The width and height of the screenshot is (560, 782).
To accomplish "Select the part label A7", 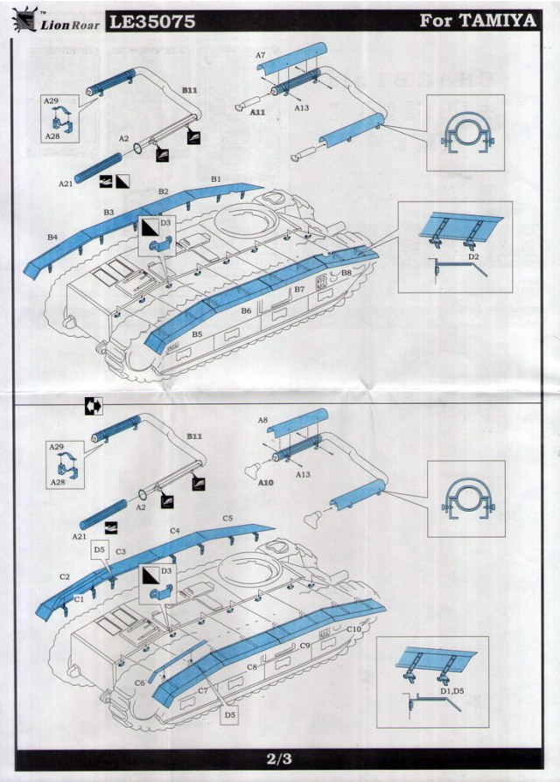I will coord(260,55).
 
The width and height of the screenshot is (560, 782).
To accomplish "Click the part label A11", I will coord(258,113).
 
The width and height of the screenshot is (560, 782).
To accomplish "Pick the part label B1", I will coord(216,178).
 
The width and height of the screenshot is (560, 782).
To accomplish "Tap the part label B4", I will coord(52,237).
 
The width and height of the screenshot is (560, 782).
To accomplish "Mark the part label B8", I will coord(346,273).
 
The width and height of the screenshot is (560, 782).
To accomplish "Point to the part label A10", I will coord(267,482).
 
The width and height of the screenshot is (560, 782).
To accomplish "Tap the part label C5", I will coord(227,519).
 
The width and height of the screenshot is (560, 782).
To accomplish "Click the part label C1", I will coord(78,598).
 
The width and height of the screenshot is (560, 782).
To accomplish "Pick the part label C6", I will coord(139,683).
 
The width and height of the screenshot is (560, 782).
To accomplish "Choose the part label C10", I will coord(354,629).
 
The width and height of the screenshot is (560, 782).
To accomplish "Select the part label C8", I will coord(251,667).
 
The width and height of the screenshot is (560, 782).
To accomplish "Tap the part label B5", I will coord(197,334).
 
